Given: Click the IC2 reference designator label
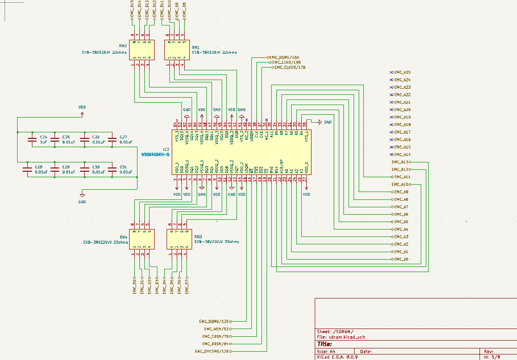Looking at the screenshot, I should click(x=166, y=149).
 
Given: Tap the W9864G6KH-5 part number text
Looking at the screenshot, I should click(x=156, y=155).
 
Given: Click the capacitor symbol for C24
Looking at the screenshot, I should click(x=32, y=140).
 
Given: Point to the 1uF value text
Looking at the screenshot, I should click(x=43, y=142).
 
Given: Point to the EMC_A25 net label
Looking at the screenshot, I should click(x=402, y=73).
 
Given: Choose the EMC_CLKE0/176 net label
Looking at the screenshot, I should click(x=290, y=68).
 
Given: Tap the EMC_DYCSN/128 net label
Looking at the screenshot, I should click(x=212, y=351).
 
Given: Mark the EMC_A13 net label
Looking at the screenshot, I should click(x=400, y=162).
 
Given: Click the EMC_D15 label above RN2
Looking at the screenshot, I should click(x=133, y=9).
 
